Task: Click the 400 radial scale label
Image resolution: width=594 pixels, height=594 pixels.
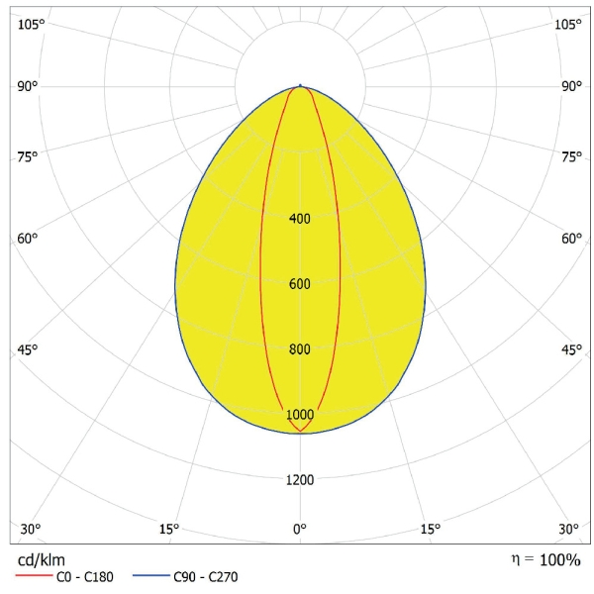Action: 300,218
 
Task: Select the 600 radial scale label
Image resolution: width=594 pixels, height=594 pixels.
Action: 300,284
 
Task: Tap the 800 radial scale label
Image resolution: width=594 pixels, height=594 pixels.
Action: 300,349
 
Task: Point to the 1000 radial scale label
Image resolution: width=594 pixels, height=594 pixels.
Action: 300,415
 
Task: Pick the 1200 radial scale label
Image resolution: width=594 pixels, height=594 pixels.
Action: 300,480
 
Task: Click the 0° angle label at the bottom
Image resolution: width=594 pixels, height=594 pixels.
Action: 300,529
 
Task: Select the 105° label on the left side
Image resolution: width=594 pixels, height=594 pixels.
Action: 31,24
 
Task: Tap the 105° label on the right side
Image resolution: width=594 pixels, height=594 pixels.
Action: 567,24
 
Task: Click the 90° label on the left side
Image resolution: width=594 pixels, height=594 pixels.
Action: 27,86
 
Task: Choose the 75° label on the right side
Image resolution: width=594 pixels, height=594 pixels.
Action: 571,156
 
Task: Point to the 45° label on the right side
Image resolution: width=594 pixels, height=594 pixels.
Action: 571,349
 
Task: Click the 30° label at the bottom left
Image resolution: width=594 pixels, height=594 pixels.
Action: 31,529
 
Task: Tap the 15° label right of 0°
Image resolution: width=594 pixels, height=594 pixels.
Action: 430,529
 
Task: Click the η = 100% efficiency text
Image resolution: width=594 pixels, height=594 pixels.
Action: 545,559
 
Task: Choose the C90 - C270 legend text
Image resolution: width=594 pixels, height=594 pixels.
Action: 205,577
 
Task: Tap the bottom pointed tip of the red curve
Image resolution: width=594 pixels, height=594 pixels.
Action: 300,432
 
